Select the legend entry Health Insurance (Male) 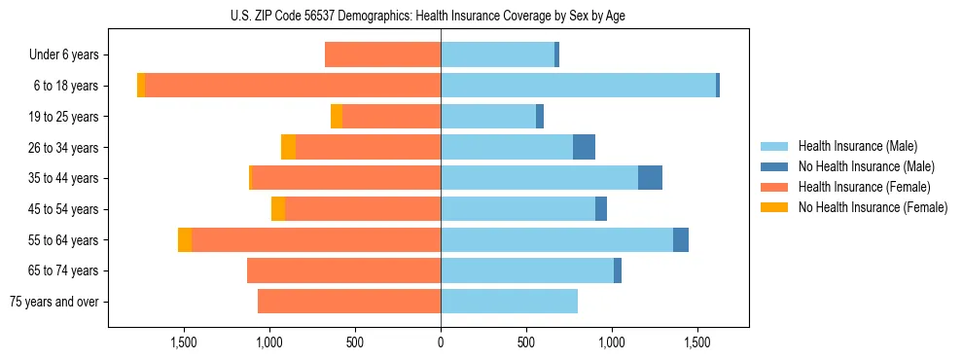tap(857, 146)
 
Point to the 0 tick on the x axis tap(441, 342)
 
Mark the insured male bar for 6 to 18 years tap(578, 86)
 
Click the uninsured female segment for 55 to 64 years tap(185, 239)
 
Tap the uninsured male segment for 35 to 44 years tap(650, 178)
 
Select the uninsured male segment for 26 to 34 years tap(584, 147)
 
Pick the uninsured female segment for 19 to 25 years tap(337, 117)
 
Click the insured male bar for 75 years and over tap(509, 302)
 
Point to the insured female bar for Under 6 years tap(382, 55)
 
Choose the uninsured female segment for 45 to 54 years tap(278, 209)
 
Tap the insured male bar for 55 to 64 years tap(556, 239)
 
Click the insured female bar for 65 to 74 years tap(343, 270)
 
